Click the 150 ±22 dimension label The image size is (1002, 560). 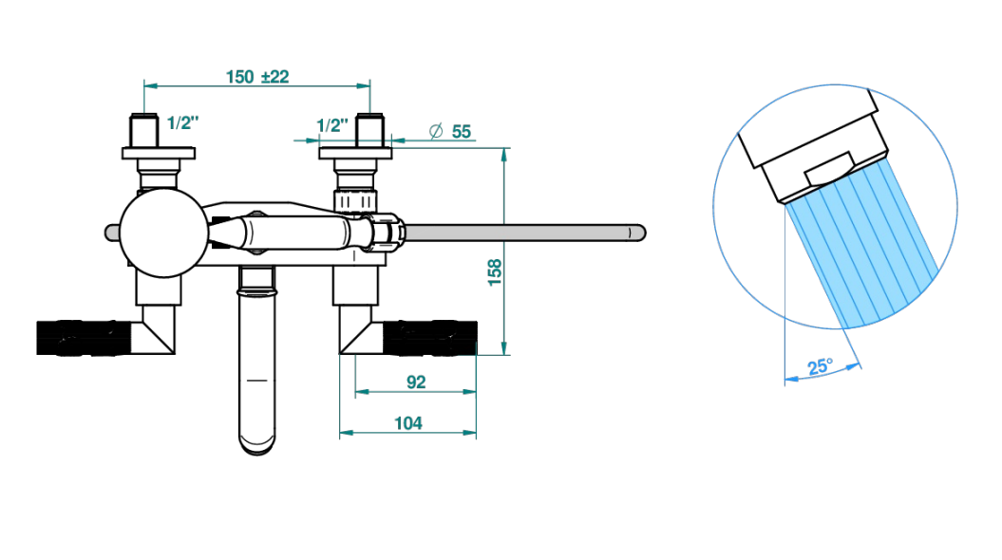coord(257,77)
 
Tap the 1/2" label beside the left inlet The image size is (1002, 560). coord(182,122)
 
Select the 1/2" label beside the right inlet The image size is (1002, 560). coord(333,125)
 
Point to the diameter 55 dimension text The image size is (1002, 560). coord(450,132)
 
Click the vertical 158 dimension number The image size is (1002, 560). coord(495,272)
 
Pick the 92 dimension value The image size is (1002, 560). coord(416,382)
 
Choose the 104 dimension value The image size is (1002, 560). coord(408,423)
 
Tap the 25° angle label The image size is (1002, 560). coord(821,366)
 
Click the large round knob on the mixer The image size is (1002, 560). coord(164,233)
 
